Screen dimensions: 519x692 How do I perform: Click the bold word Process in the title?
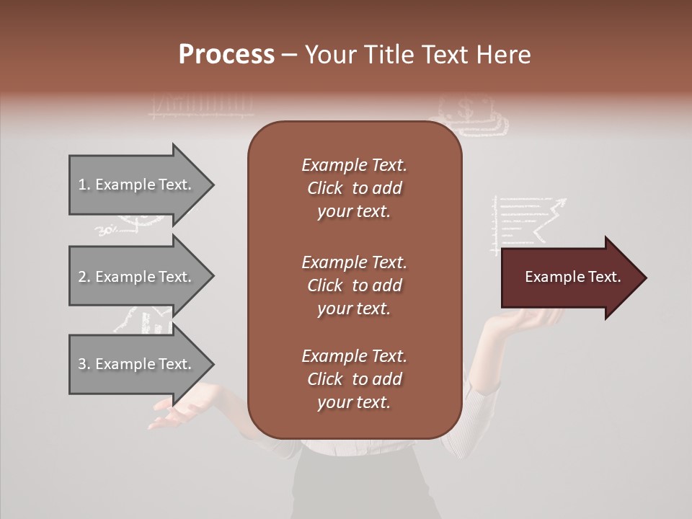(x=226, y=55)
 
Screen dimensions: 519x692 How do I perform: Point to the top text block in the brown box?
(x=354, y=188)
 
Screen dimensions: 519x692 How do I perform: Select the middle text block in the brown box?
(x=354, y=285)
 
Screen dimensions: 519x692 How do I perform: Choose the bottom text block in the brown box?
(x=354, y=379)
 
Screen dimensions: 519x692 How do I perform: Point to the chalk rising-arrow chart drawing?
(x=526, y=223)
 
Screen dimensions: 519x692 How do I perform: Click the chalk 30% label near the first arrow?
(x=106, y=231)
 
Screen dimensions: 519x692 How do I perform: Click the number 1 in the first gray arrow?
(x=82, y=185)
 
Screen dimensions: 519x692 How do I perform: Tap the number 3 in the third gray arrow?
(x=82, y=364)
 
